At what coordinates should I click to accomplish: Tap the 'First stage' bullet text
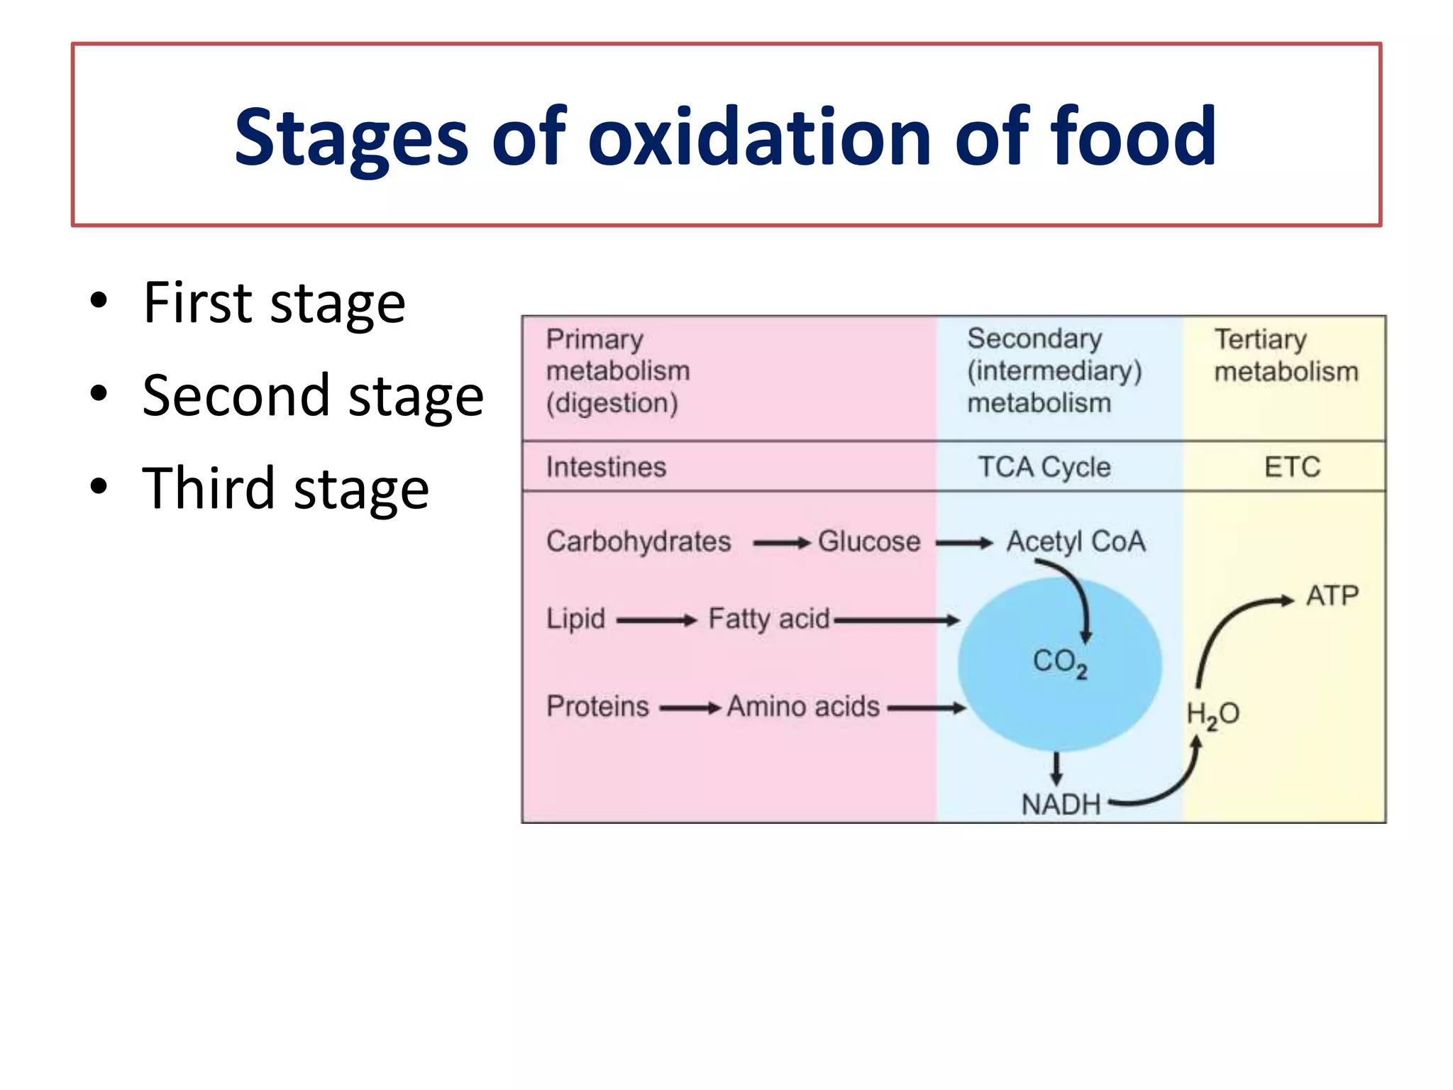[x=274, y=303]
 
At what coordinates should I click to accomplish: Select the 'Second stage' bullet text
[x=313, y=396]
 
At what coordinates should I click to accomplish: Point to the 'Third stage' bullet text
[x=285, y=489]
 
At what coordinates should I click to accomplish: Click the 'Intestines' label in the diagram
[x=606, y=467]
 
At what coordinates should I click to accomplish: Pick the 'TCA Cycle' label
[x=1044, y=467]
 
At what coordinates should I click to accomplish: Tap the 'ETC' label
[x=1292, y=467]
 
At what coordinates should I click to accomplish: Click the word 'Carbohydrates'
[x=639, y=541]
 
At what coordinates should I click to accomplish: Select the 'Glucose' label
[x=869, y=541]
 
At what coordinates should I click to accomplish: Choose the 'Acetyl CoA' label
[x=1076, y=541]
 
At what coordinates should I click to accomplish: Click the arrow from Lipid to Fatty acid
[x=657, y=621]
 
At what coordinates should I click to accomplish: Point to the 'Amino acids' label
[x=803, y=707]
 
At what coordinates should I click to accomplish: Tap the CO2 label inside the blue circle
[x=1059, y=662]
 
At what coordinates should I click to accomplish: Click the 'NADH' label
[x=1061, y=804]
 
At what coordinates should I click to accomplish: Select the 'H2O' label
[x=1212, y=714]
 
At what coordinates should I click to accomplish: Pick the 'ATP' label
[x=1332, y=595]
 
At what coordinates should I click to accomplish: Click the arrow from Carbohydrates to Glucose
[x=781, y=544]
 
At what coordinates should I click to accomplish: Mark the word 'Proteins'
[x=597, y=707]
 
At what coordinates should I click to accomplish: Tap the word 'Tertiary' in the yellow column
[x=1260, y=339]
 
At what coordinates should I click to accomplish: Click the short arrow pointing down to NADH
[x=1056, y=769]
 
